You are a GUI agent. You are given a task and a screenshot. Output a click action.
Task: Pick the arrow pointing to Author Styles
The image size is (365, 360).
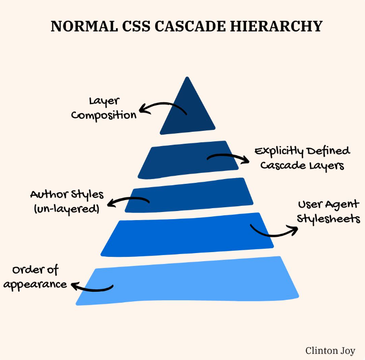(128, 201)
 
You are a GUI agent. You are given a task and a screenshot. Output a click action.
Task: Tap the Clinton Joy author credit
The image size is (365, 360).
(330, 351)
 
